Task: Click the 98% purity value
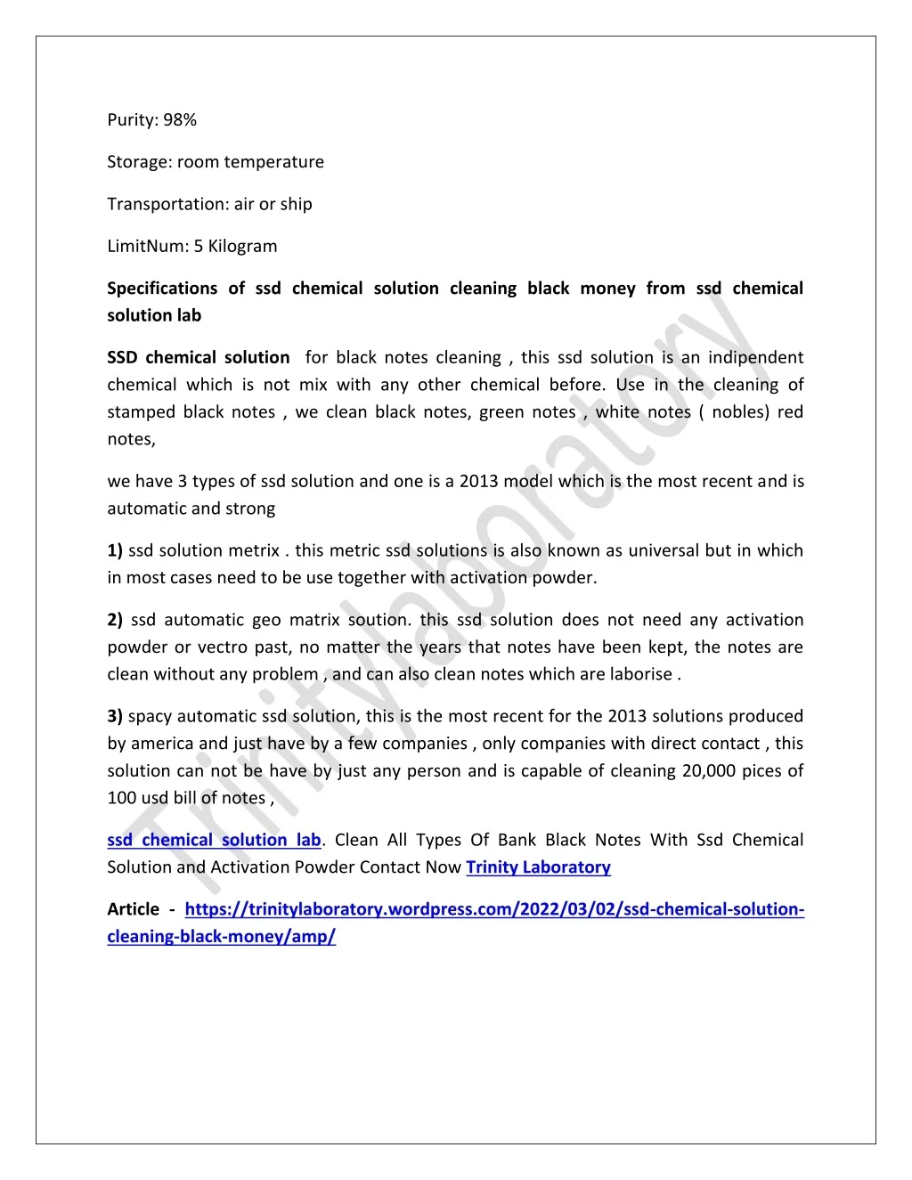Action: pyautogui.click(x=180, y=120)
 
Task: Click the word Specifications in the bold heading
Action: pyautogui.click(x=162, y=289)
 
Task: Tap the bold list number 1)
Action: pyautogui.click(x=115, y=550)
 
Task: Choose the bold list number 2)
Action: pyautogui.click(x=115, y=620)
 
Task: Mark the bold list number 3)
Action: pyautogui.click(x=115, y=716)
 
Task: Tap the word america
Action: pyautogui.click(x=162, y=744)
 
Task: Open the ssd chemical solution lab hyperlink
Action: pyautogui.click(x=214, y=840)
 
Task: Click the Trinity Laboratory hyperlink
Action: pyautogui.click(x=538, y=867)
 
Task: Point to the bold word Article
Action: pyautogui.click(x=134, y=909)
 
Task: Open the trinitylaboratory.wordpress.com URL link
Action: pyautogui.click(x=494, y=909)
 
